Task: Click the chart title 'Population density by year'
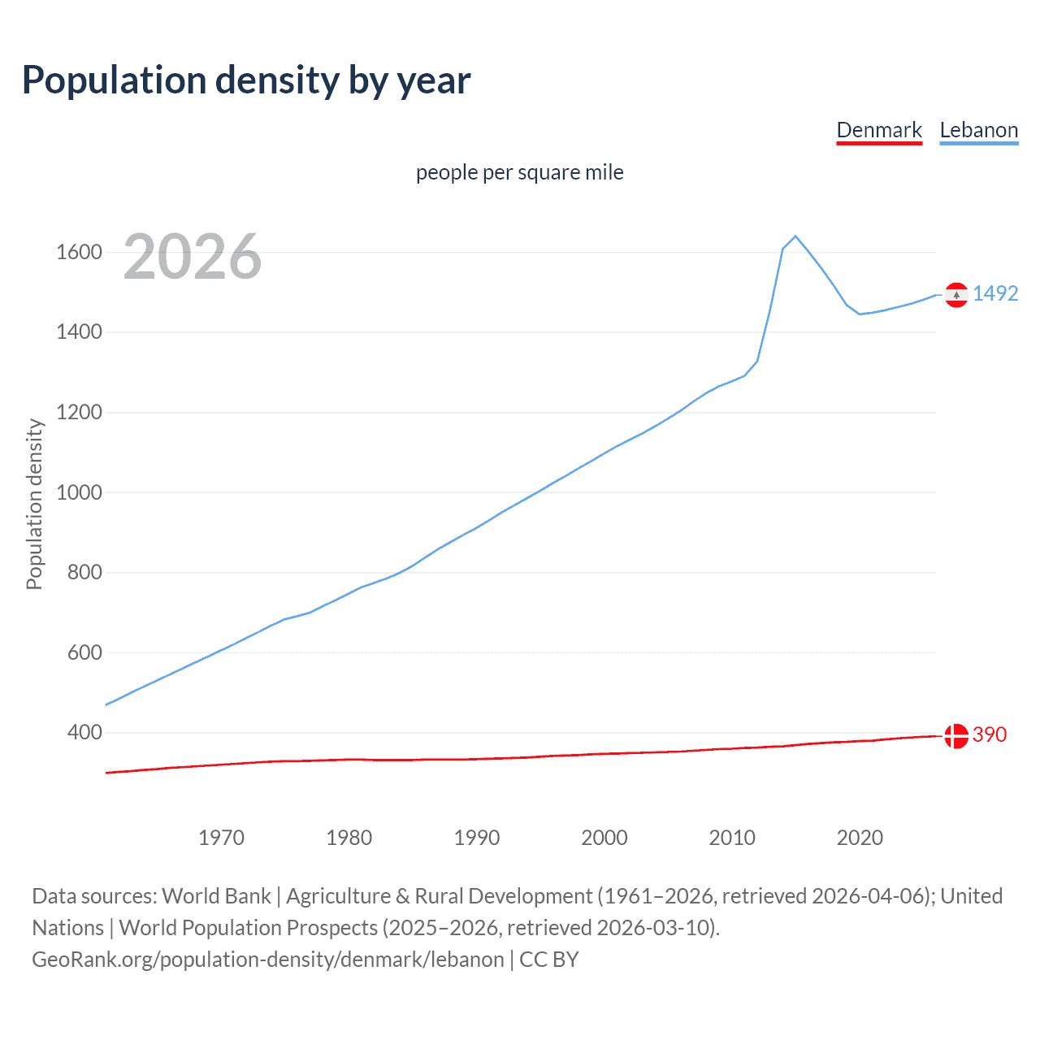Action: click(246, 80)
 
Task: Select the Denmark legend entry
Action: click(879, 131)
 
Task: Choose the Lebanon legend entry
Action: click(978, 131)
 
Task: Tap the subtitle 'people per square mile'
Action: click(519, 172)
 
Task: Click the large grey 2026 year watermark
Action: click(193, 257)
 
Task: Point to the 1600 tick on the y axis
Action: click(79, 252)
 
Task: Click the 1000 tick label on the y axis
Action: click(79, 492)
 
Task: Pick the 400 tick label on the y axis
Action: click(84, 733)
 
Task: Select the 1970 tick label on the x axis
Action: click(221, 838)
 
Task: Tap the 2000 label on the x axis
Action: click(604, 838)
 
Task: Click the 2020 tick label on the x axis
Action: click(860, 838)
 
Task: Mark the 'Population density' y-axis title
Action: click(34, 504)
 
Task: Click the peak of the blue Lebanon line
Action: click(795, 236)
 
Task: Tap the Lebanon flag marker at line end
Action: click(956, 294)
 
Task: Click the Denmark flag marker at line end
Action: click(956, 735)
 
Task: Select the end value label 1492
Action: click(995, 293)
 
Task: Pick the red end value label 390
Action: click(990, 734)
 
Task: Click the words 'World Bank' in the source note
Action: click(216, 896)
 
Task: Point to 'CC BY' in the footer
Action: click(549, 960)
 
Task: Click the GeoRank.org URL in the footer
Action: click(268, 960)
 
